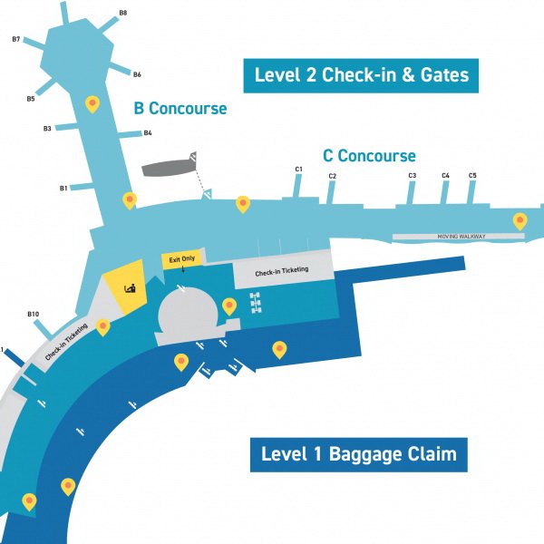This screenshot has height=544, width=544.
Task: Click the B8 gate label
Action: pyautogui.click(x=123, y=13)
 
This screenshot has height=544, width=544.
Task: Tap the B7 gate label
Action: pyautogui.click(x=16, y=39)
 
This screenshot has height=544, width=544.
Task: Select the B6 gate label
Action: pyautogui.click(x=137, y=74)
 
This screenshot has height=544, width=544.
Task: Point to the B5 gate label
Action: pyautogui.click(x=31, y=99)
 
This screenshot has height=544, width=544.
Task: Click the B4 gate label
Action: pyautogui.click(x=148, y=133)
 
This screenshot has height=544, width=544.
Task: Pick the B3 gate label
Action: pyautogui.click(x=47, y=129)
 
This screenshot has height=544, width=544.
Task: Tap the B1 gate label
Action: pyautogui.click(x=63, y=189)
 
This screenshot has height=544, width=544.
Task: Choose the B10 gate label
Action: pyautogui.click(x=34, y=314)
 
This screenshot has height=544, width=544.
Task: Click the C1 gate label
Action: pyautogui.click(x=298, y=170)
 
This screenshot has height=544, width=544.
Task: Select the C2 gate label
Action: pyautogui.click(x=333, y=176)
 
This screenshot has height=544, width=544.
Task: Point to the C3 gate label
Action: pyautogui.click(x=413, y=176)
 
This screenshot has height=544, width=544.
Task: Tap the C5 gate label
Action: pyautogui.click(x=472, y=176)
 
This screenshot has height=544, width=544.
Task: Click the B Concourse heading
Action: pyautogui.click(x=180, y=109)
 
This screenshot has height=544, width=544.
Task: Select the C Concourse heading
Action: pyautogui.click(x=370, y=156)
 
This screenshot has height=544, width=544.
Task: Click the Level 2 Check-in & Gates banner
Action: pyautogui.click(x=361, y=75)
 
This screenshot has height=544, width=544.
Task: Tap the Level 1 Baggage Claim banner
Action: pyautogui.click(x=359, y=455)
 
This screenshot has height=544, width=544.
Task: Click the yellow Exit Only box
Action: pyautogui.click(x=182, y=259)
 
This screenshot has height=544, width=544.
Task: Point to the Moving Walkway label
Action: pyautogui.click(x=461, y=237)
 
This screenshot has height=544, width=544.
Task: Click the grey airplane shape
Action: pyautogui.click(x=170, y=166)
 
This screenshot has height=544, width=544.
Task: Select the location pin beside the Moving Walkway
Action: pyautogui.click(x=520, y=220)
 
